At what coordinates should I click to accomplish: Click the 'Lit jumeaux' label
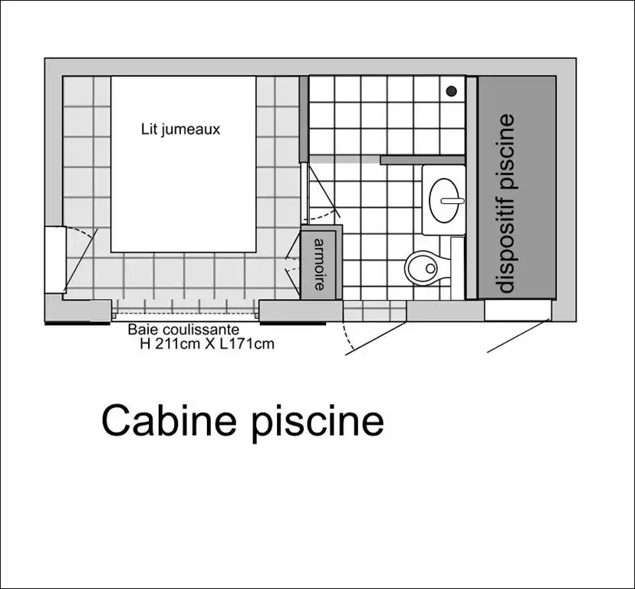point(180,130)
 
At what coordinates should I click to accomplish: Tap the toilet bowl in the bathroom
point(421,267)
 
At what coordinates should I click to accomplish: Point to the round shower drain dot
point(452,91)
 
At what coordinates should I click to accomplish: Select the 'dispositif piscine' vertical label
point(507,202)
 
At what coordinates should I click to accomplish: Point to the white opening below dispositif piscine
point(517,310)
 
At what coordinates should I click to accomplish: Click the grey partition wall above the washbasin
point(422,160)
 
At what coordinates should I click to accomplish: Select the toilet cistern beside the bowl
point(457,268)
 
